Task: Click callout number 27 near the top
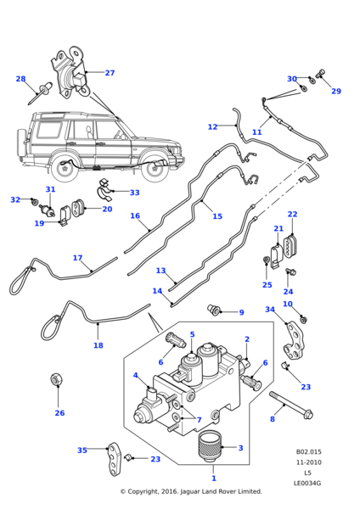pyautogui.click(x=110, y=73)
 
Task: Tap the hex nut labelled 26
pyautogui.click(x=57, y=379)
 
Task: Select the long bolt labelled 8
pyautogui.click(x=290, y=405)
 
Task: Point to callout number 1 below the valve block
pyautogui.click(x=214, y=478)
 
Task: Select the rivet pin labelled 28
pyautogui.click(x=41, y=92)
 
